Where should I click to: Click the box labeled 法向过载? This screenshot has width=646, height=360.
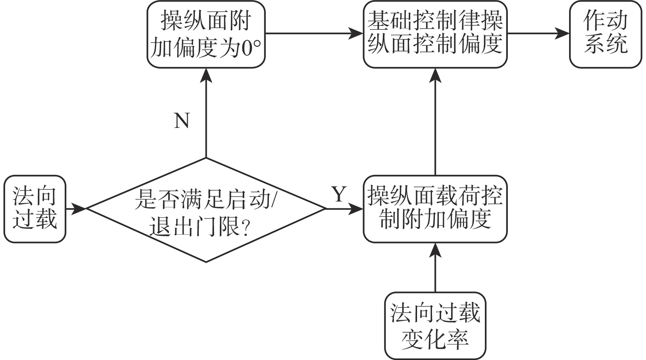pos(35,209)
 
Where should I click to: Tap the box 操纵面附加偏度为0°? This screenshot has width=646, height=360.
pos(206,34)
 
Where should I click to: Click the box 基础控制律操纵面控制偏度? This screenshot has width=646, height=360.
pos(435,34)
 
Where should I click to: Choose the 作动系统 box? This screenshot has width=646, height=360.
pos(605,34)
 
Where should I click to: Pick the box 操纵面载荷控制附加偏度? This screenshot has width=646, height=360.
pos(435,209)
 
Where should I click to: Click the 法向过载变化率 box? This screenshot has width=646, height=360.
pos(435,325)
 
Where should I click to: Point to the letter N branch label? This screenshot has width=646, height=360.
pos(182,121)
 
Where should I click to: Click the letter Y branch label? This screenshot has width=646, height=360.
pos(339,194)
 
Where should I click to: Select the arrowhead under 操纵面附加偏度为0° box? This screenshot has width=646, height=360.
pos(206,75)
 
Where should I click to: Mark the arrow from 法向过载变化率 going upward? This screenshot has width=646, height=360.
pos(435,270)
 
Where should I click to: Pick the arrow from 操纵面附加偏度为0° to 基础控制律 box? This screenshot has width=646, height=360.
pos(314,34)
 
